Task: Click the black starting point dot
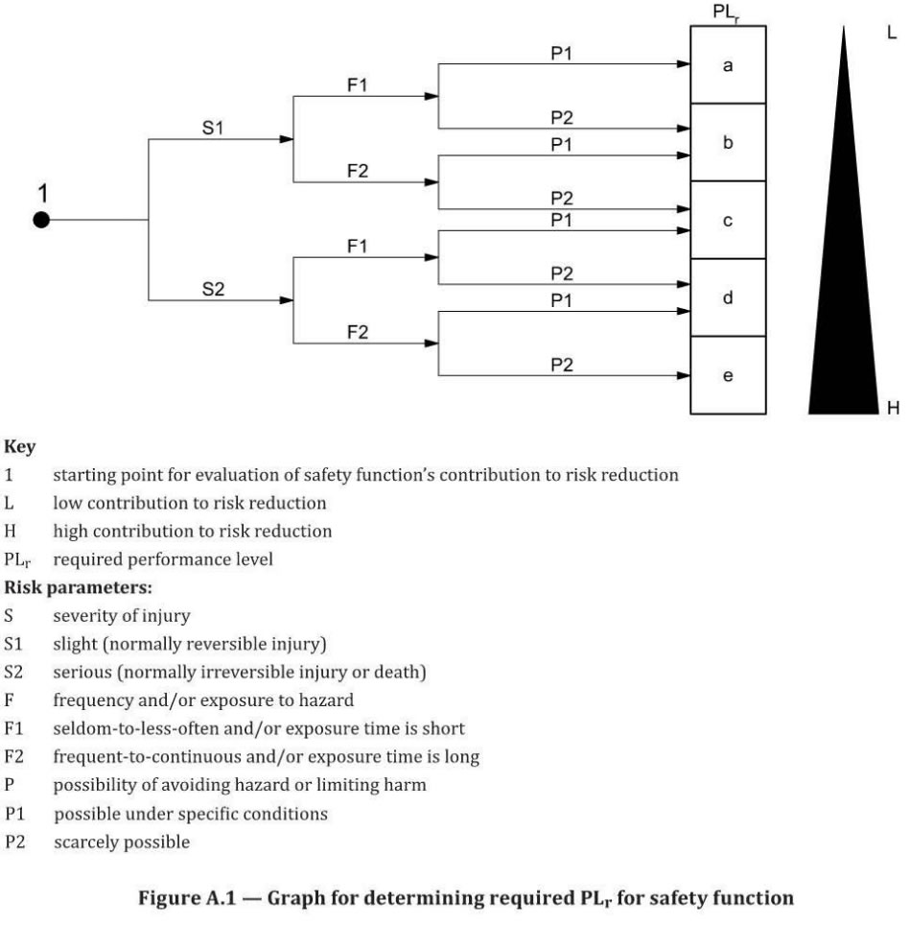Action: pos(40,220)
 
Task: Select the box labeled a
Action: pos(728,64)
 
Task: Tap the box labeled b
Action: pos(728,142)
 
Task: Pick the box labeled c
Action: pos(728,220)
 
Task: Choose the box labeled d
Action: pos(728,297)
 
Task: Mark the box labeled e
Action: pos(728,375)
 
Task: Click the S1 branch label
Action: pos(214,127)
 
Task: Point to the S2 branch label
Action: pos(214,289)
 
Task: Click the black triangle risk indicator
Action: pos(844,288)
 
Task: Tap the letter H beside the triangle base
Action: pos(893,408)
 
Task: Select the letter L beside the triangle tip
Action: pos(892,32)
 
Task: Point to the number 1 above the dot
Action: pos(42,195)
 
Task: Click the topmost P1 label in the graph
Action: pos(562,55)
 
